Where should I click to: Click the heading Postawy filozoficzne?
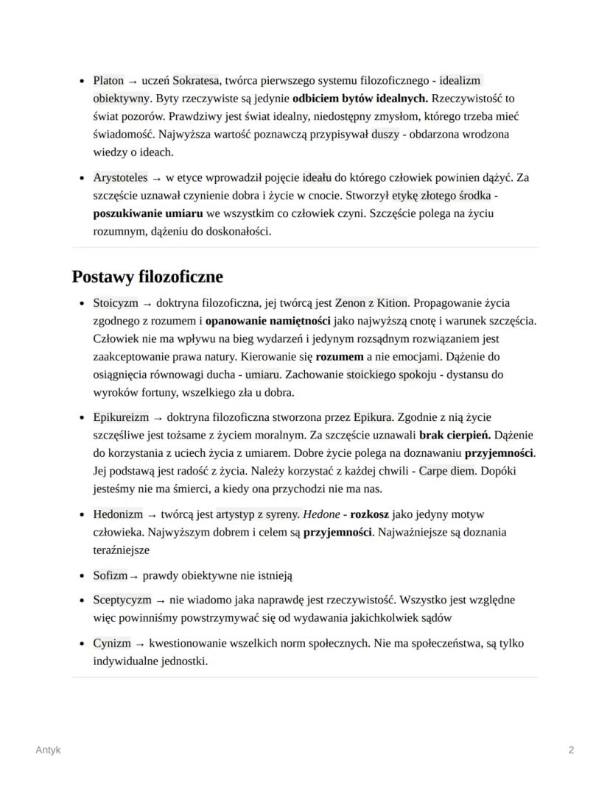147,277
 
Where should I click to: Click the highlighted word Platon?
108,80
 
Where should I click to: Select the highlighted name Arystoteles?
120,178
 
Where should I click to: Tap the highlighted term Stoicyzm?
116,303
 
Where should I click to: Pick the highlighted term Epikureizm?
121,417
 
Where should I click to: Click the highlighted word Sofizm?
110,575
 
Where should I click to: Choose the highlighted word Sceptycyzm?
122,600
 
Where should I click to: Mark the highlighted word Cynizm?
112,643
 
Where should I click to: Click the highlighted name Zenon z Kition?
371,303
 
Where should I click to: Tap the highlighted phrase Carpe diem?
447,471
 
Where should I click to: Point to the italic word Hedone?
320,514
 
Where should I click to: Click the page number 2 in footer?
571,750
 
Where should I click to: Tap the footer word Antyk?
48,750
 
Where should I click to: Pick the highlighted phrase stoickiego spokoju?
392,375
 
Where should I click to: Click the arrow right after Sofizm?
133,576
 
